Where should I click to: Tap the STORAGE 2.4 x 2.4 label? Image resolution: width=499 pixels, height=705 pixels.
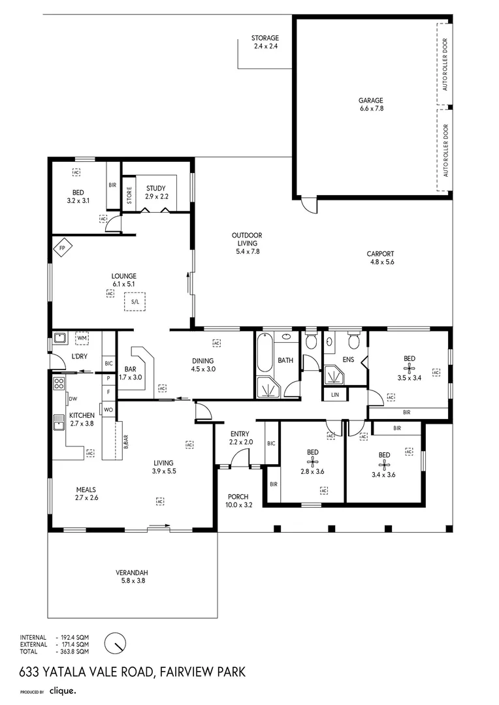click(265, 42)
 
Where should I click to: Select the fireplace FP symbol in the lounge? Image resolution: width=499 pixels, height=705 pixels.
click(63, 249)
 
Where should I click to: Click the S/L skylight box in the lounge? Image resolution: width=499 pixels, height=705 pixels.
click(135, 302)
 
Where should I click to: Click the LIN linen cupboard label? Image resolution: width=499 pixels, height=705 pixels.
click(335, 395)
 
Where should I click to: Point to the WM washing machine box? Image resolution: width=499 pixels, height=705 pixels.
click(82, 338)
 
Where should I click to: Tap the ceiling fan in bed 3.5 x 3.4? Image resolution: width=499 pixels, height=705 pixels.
click(409, 368)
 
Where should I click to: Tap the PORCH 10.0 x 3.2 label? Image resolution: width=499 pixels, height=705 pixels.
click(238, 500)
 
